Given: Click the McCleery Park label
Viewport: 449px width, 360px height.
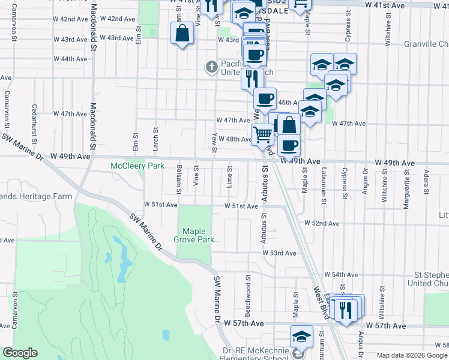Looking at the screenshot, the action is click(137, 166).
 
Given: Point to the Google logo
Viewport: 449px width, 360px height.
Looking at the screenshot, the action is click(20, 353).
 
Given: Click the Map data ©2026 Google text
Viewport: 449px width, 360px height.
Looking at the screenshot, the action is click(412, 355).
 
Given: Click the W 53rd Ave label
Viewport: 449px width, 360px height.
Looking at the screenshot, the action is click(279, 253).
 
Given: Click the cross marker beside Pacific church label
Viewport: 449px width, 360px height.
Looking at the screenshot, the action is click(211, 67).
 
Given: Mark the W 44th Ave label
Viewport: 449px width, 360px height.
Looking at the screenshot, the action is click(70, 59).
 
